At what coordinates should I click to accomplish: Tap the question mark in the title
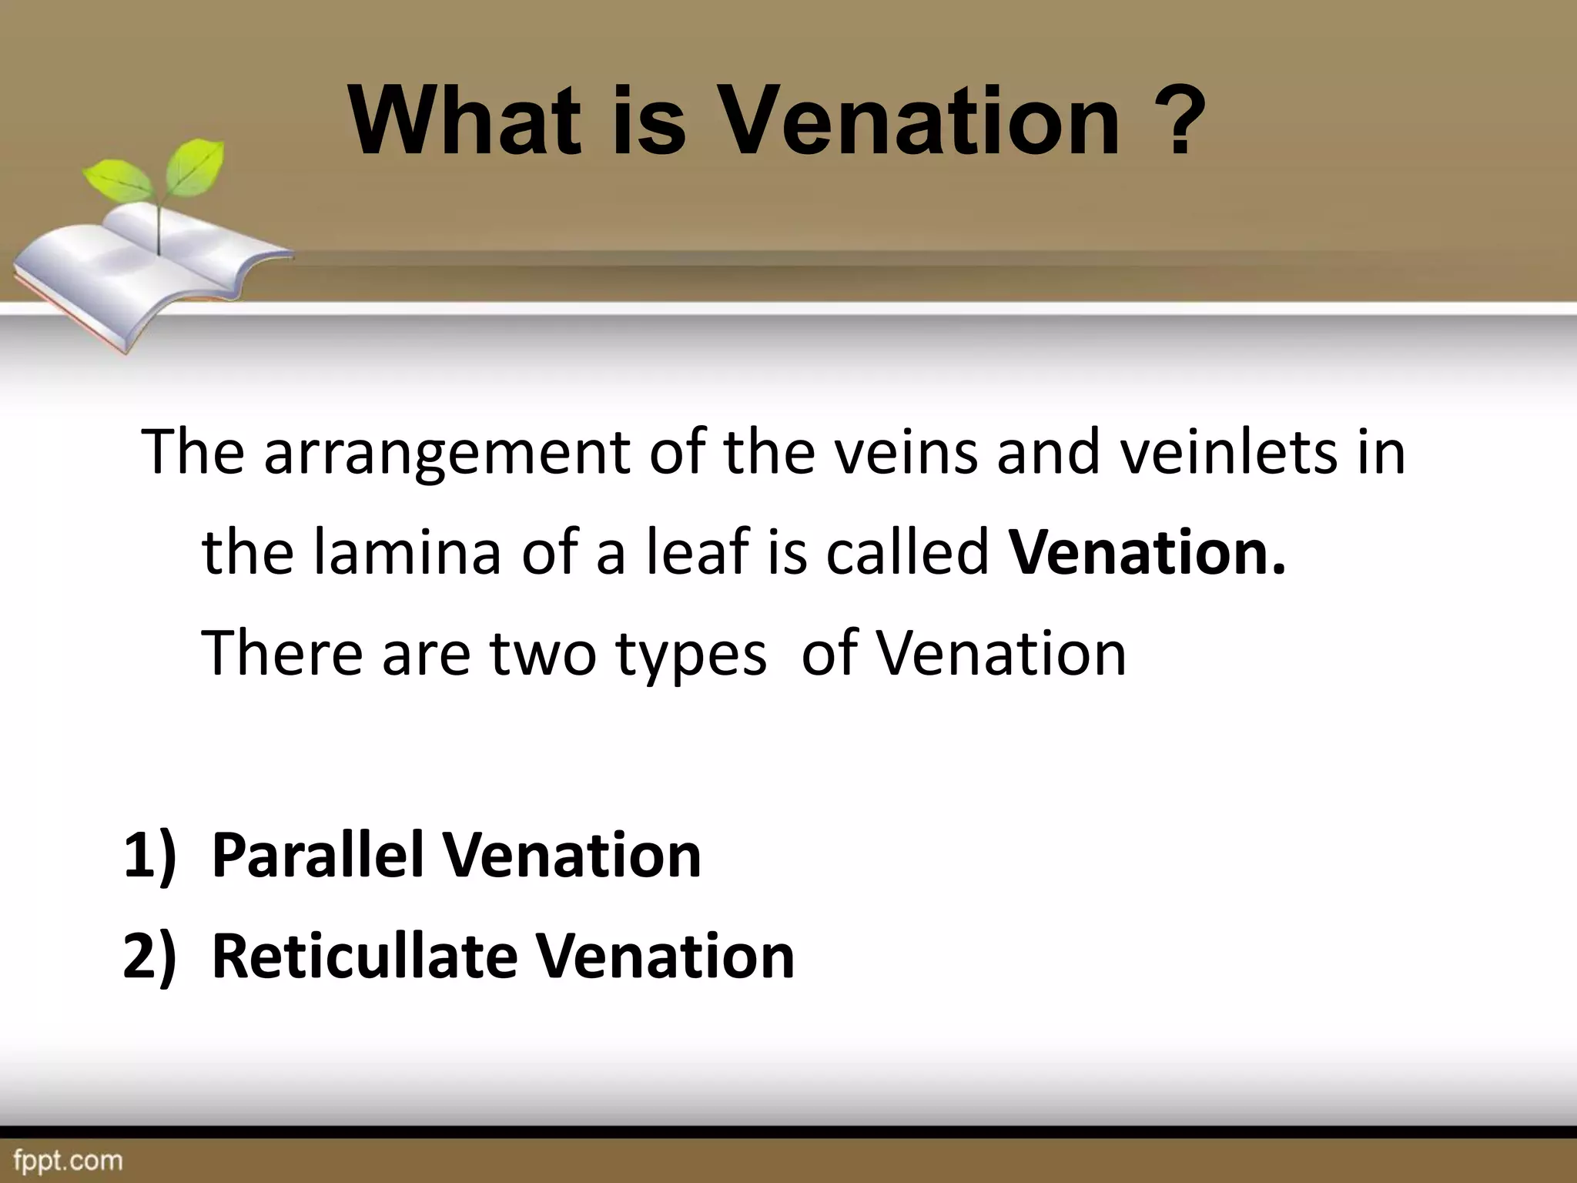tap(1175, 121)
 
